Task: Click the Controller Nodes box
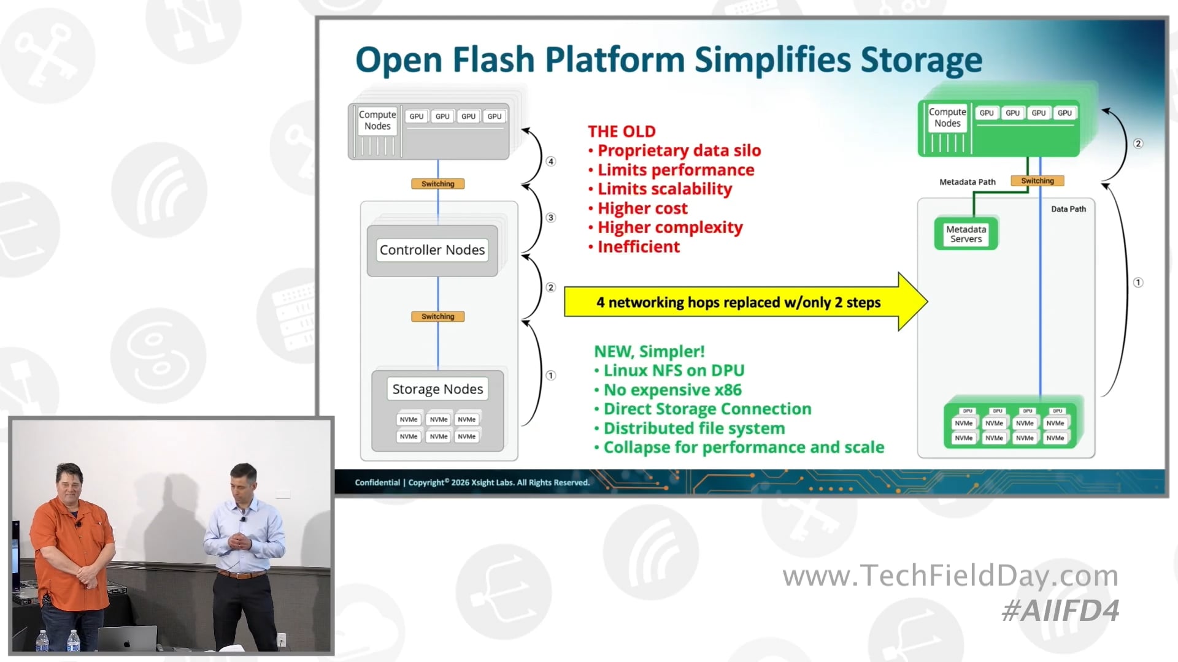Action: [x=432, y=250]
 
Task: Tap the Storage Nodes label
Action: [x=437, y=389]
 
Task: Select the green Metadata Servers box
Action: [x=966, y=234]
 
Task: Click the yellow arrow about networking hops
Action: [x=738, y=302]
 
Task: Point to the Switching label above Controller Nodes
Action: [x=437, y=184]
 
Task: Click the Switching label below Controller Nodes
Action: [x=437, y=316]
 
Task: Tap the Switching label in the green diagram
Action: [x=1037, y=181]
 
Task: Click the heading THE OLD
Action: [x=622, y=131]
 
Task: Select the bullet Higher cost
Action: [x=642, y=208]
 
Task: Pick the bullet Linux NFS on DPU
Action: [x=673, y=370]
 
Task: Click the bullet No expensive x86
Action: [x=672, y=390]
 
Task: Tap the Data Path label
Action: [x=1068, y=209]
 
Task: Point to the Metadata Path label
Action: [x=967, y=182]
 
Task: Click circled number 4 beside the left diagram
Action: [x=551, y=161]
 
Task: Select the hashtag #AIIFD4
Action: [x=1060, y=611]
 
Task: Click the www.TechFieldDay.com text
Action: [x=950, y=576]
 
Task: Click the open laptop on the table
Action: [x=128, y=639]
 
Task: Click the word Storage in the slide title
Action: [x=921, y=60]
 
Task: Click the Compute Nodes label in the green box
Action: [x=947, y=118]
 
